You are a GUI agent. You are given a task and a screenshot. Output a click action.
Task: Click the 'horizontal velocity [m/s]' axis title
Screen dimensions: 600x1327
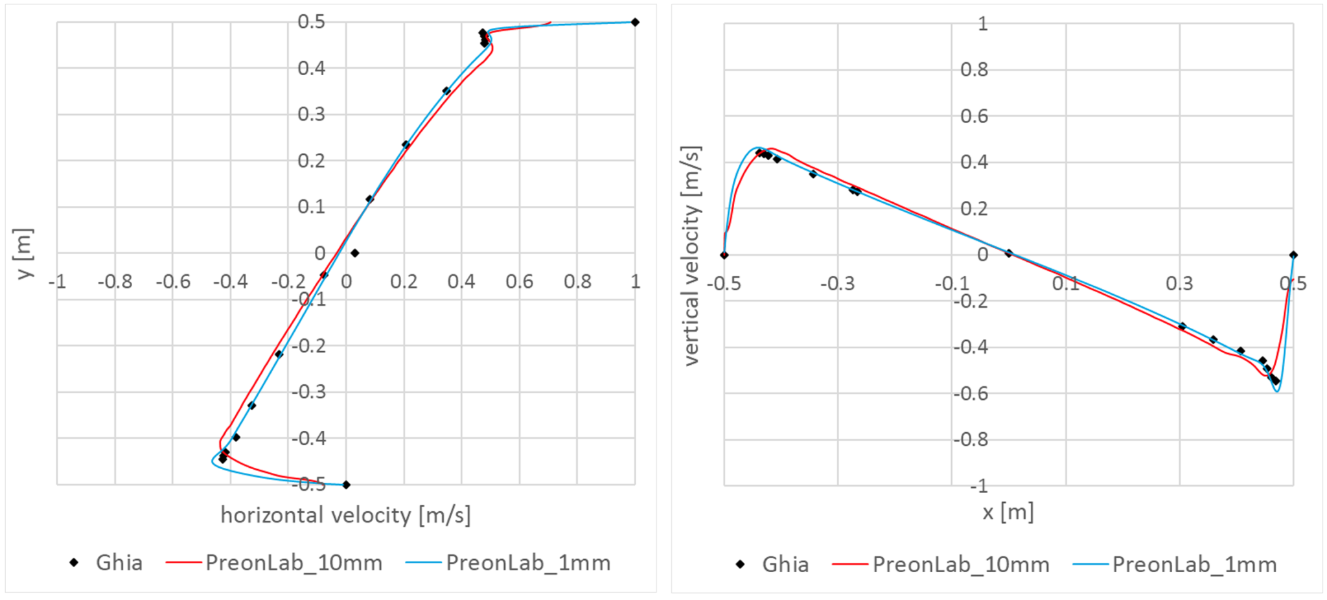345,515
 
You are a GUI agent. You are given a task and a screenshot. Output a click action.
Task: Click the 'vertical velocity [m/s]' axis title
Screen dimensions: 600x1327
691,256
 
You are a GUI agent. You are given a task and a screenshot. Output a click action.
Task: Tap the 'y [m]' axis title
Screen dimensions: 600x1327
23,253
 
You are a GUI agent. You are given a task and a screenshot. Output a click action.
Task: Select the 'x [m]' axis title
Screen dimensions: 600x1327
1008,513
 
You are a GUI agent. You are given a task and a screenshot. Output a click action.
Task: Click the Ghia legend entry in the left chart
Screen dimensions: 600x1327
106,562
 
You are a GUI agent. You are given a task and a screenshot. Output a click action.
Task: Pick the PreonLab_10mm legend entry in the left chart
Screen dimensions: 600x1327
274,562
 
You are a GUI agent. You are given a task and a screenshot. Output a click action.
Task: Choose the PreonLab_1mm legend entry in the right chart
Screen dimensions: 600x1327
1175,564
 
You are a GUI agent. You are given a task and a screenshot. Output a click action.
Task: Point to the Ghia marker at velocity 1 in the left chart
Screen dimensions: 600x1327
635,22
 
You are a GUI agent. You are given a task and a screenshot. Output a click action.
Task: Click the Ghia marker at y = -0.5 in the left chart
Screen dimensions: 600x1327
346,485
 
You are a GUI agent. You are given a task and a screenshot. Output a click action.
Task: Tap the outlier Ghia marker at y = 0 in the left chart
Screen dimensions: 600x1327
354,253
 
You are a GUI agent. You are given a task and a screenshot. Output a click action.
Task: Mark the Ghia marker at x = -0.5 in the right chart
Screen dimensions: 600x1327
724,255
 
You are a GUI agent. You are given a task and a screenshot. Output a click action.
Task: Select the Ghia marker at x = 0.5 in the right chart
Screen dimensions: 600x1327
1293,255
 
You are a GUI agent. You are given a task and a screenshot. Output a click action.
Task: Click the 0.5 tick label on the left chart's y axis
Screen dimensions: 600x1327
311,21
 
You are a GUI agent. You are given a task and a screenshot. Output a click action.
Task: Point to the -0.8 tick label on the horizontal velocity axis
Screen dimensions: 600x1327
115,282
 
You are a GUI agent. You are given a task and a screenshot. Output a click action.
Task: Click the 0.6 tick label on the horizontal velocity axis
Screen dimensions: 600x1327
519,282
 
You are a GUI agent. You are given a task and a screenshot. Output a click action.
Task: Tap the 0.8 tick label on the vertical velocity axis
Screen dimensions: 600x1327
974,69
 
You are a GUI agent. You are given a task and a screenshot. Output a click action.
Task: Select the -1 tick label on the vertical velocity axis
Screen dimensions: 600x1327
978,485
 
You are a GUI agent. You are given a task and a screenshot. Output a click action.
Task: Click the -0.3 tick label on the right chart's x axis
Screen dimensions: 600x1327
837,284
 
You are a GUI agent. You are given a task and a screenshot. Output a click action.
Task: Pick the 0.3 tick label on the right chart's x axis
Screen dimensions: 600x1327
1179,284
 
